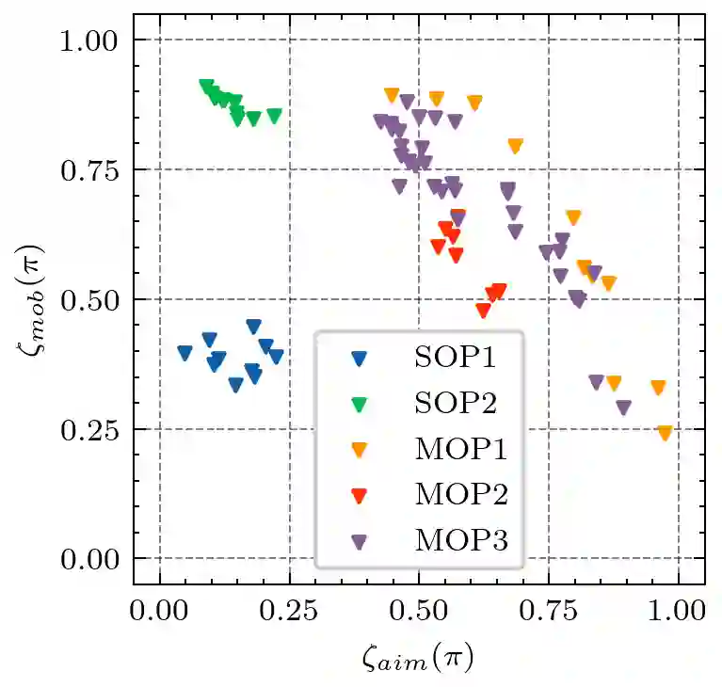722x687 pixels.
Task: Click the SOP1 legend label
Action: pos(454,358)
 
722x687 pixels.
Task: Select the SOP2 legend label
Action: pos(454,403)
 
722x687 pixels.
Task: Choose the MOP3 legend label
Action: pos(460,540)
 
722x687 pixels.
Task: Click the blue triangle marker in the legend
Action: pos(359,358)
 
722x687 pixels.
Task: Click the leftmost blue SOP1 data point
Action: pos(185,353)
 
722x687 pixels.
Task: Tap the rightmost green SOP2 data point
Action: pos(274,116)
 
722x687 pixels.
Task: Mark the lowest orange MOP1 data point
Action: pos(665,433)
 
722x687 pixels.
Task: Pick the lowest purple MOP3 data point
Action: pos(623,407)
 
